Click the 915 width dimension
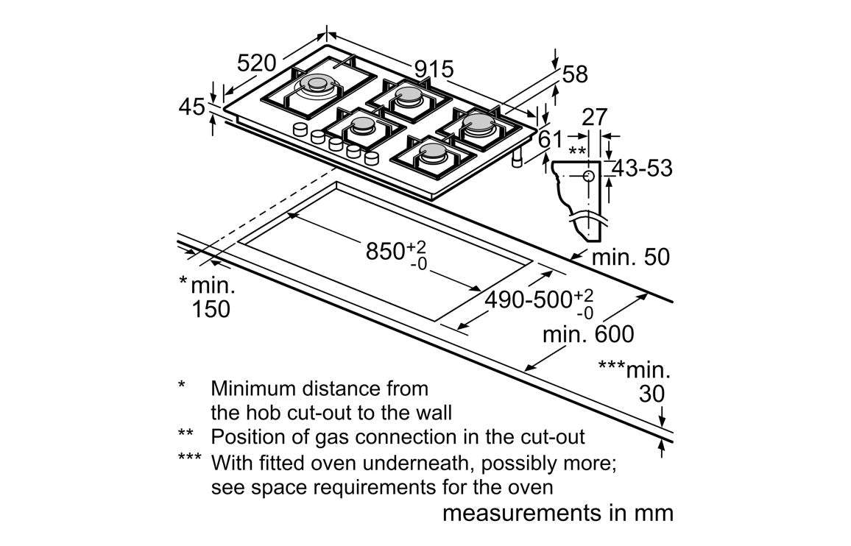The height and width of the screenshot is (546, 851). (x=434, y=69)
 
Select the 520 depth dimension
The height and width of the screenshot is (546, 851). (x=257, y=63)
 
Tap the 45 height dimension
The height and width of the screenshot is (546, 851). (x=191, y=107)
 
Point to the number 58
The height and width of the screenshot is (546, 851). (x=575, y=74)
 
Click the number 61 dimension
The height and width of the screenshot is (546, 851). (x=550, y=140)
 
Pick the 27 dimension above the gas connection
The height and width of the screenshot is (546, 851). (x=594, y=117)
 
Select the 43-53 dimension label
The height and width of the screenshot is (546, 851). (x=642, y=169)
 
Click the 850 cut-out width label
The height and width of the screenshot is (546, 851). (x=396, y=253)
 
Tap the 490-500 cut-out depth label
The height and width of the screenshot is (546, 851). (x=539, y=302)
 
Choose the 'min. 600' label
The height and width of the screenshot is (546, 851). (x=588, y=334)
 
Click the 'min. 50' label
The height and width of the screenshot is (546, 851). (x=631, y=257)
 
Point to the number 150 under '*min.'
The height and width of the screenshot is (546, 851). (x=211, y=309)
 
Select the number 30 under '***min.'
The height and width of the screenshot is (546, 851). (x=652, y=394)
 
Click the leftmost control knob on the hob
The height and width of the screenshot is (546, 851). (x=300, y=130)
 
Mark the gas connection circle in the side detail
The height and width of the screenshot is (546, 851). (x=589, y=175)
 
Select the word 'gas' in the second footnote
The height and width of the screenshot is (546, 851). (x=331, y=437)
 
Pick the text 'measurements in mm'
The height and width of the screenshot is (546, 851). (x=558, y=512)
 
